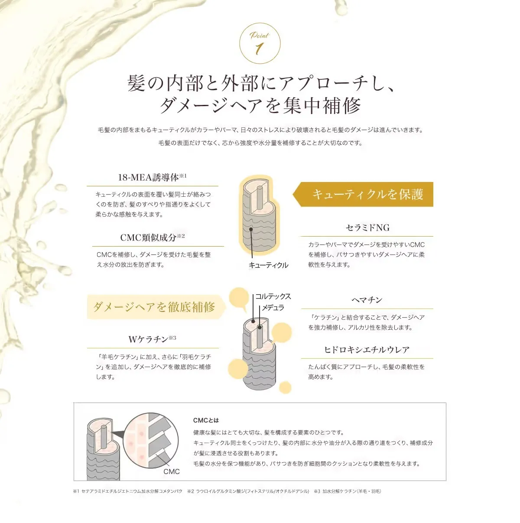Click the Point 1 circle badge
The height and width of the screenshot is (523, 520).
(260, 43)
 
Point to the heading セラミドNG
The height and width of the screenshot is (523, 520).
(367, 227)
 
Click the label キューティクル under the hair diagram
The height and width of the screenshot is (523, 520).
(269, 265)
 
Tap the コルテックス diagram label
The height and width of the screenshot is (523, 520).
(273, 296)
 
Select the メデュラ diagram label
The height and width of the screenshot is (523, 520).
(273, 308)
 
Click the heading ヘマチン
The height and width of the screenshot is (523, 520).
(367, 300)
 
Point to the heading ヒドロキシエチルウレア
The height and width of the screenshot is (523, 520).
(367, 350)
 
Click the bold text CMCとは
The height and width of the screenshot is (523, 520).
(206, 420)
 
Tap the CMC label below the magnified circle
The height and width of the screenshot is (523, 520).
(172, 472)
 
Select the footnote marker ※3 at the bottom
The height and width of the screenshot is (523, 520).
(317, 499)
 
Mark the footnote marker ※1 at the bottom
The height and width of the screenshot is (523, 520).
(76, 499)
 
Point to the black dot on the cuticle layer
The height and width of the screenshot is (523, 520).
(251, 229)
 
